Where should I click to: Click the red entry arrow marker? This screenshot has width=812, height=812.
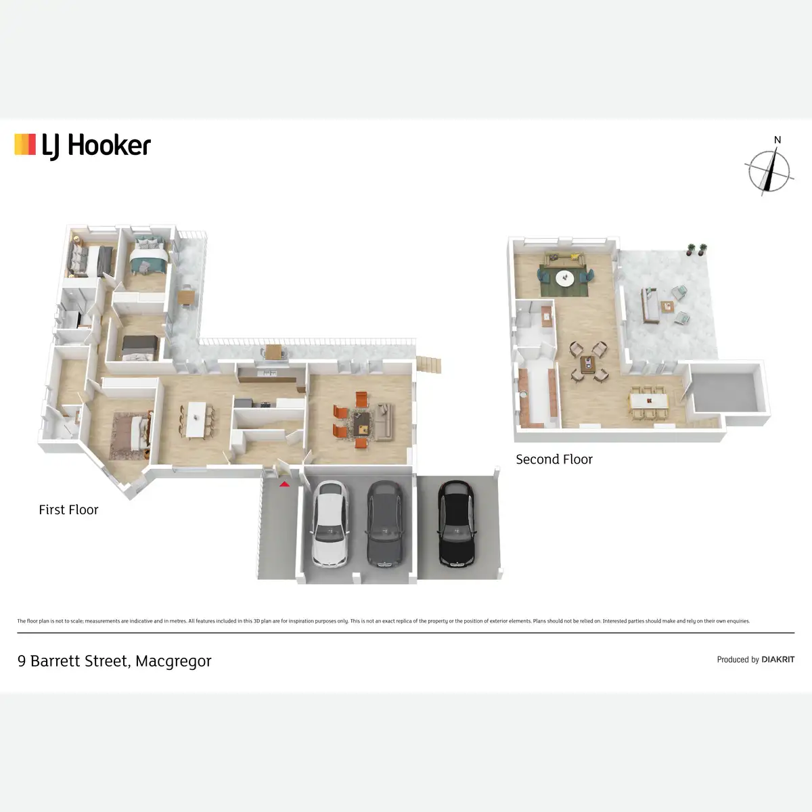(x=285, y=483)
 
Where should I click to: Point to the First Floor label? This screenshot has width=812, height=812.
(x=68, y=510)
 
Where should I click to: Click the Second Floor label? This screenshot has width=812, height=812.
(x=554, y=459)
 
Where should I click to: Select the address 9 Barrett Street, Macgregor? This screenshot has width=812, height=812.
(x=114, y=661)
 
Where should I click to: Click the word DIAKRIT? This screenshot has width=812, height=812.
(x=777, y=659)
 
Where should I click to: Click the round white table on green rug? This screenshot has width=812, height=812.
(x=564, y=277)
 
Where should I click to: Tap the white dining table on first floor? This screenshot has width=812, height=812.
(x=196, y=420)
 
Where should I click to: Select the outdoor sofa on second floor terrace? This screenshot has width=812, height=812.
(x=651, y=306)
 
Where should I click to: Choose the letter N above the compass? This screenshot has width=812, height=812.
(x=777, y=140)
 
